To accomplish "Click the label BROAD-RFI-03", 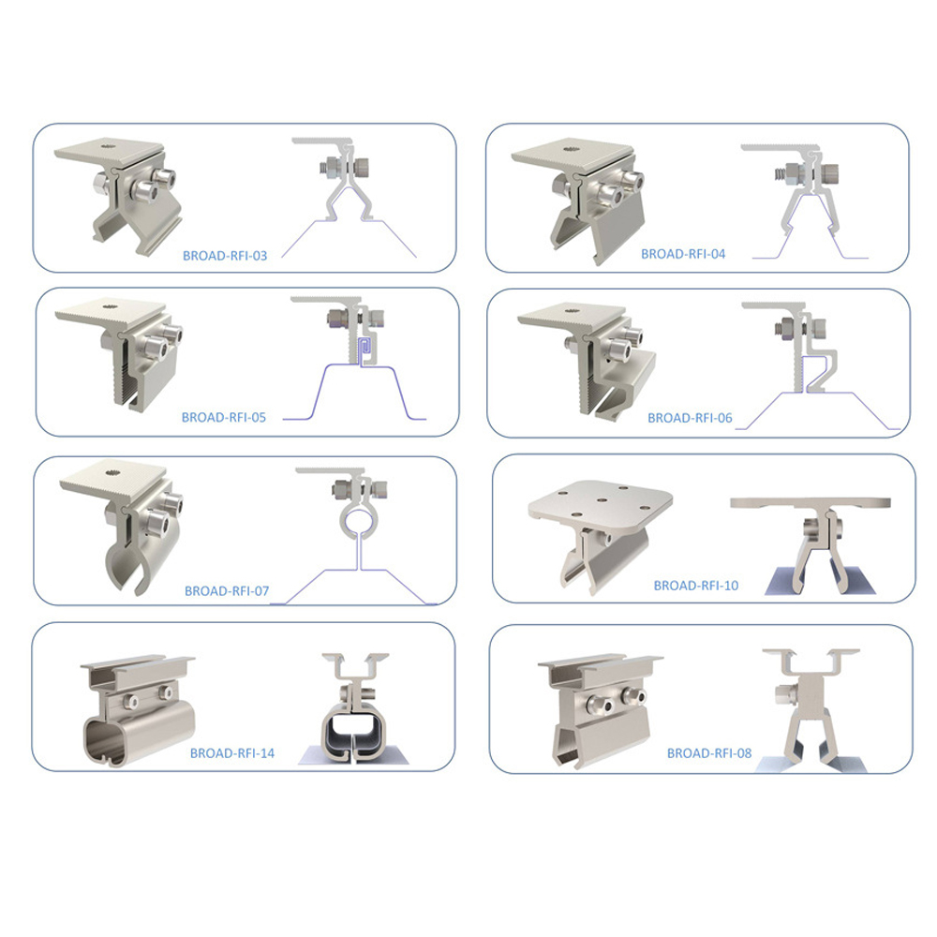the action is [225, 256].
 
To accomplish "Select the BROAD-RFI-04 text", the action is [683, 254].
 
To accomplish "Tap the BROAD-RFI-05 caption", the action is [224, 417].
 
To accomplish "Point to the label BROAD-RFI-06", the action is [690, 418].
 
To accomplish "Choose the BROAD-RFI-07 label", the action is [227, 591].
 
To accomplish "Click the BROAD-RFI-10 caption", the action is [695, 586].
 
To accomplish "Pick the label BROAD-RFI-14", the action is [231, 753].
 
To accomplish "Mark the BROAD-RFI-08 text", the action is [708, 753].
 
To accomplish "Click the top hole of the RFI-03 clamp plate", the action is [108, 144].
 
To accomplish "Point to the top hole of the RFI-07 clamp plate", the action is [113, 472].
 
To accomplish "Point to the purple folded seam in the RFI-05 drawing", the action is [364, 350].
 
